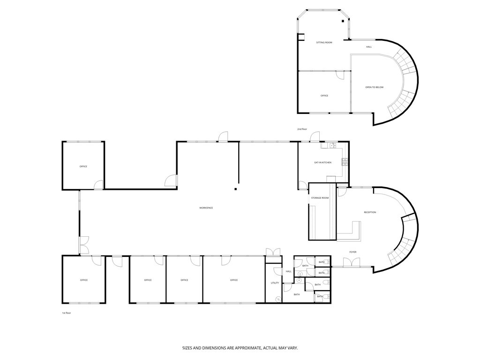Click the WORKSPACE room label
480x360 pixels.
(206, 208)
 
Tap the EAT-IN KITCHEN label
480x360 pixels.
(322, 163)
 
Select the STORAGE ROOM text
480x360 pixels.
(320, 198)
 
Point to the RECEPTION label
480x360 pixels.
(370, 212)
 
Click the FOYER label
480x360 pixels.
(352, 252)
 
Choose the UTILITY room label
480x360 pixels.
(275, 283)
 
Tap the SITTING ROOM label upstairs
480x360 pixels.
(324, 43)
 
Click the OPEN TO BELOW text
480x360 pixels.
(374, 87)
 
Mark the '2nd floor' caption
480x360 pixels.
(302, 129)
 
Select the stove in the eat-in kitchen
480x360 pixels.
(345, 162)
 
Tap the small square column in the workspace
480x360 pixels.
(236, 189)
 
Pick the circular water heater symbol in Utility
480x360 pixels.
(278, 299)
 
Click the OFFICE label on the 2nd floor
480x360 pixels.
(324, 96)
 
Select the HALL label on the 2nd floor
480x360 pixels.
(369, 47)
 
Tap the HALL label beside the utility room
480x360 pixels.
(288, 271)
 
